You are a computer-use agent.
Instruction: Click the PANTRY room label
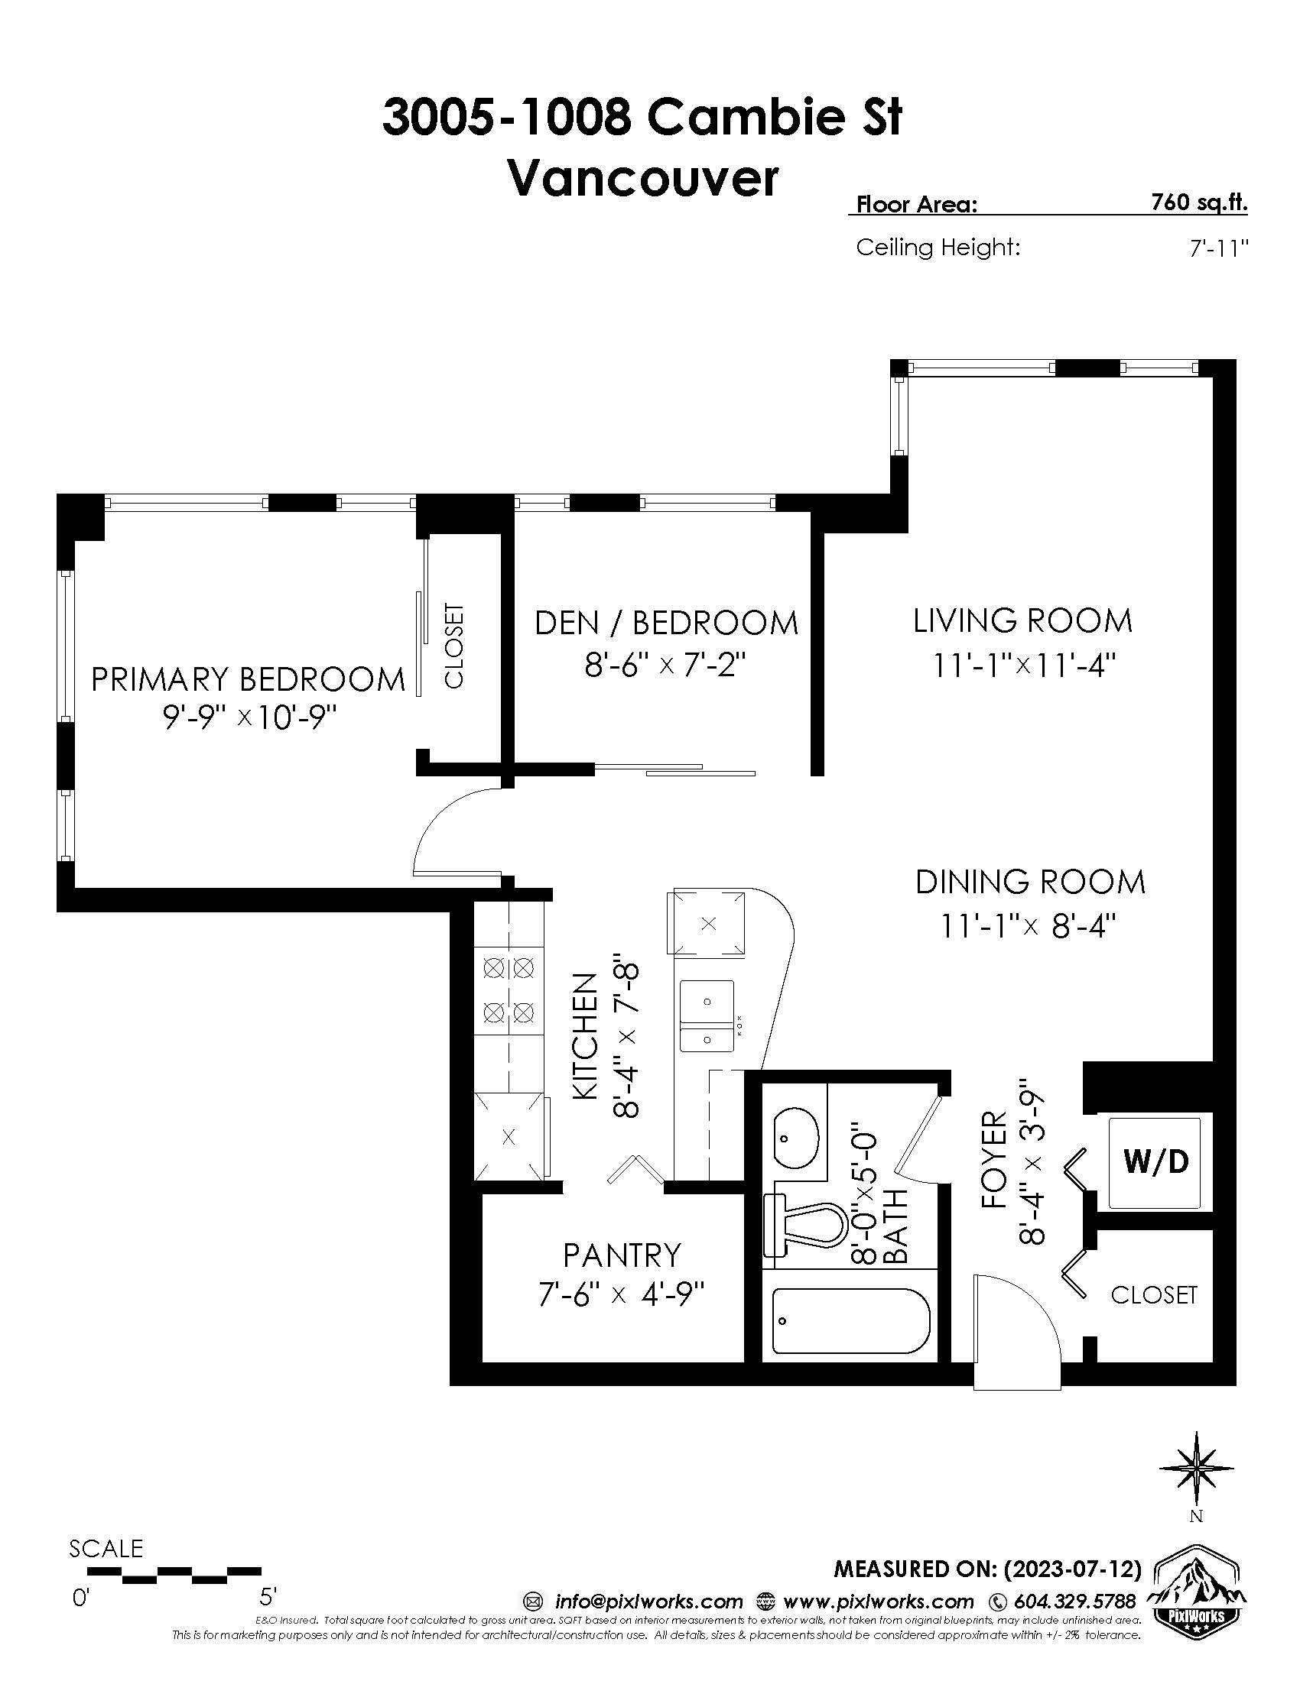[x=622, y=1255]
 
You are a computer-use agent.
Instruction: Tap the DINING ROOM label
[x=1031, y=882]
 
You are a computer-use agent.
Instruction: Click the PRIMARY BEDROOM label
[x=248, y=679]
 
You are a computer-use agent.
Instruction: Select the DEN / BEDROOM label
[x=667, y=623]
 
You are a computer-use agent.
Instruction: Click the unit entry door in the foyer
[x=1016, y=1333]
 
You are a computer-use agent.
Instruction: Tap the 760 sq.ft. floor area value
[x=1199, y=203]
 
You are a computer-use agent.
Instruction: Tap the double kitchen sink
[x=707, y=1016]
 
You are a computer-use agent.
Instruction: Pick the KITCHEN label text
[x=585, y=1037]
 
